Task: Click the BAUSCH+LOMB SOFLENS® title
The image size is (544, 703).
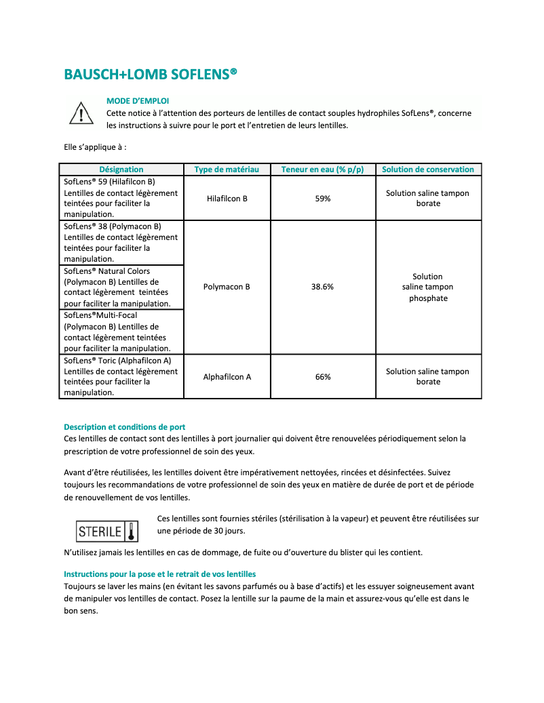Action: (x=151, y=74)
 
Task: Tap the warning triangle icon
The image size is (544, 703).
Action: (x=81, y=113)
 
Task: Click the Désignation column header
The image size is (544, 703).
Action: (x=121, y=169)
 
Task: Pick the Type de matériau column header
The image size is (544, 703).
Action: (x=227, y=169)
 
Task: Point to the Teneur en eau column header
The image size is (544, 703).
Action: (x=322, y=169)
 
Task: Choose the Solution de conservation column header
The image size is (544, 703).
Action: (x=428, y=169)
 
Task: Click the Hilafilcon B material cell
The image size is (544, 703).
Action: (x=227, y=199)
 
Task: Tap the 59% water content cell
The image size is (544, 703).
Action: (x=323, y=199)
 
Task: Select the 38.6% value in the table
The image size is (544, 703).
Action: (x=322, y=287)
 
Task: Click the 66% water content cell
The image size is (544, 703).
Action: (x=323, y=377)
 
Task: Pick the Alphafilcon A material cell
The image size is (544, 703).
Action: (x=227, y=377)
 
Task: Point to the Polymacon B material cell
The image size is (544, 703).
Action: (x=227, y=287)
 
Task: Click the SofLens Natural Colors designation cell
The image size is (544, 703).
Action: (x=121, y=287)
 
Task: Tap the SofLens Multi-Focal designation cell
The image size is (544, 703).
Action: (x=121, y=332)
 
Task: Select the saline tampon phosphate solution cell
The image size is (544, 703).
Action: (x=428, y=287)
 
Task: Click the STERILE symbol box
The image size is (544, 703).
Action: (x=107, y=531)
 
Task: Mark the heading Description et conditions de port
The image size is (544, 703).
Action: (x=125, y=427)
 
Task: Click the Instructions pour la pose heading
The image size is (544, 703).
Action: (x=159, y=574)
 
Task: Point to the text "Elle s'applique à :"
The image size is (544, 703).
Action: (x=95, y=146)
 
